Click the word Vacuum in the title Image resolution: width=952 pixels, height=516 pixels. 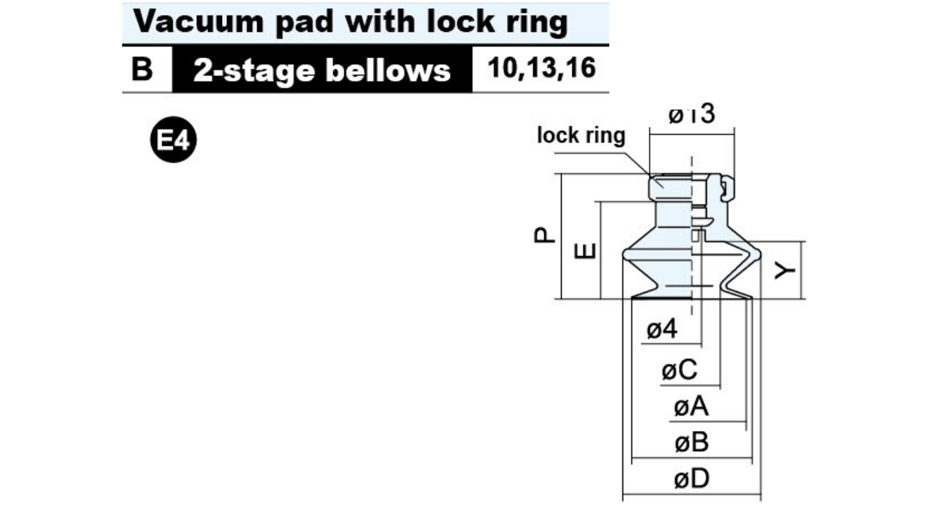pos(198,21)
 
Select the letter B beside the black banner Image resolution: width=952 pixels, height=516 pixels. pos(142,68)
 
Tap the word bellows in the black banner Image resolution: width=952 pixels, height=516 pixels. pos(388,70)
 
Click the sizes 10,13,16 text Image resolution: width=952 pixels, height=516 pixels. pos(541,68)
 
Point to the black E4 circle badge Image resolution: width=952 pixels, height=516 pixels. pos(174,140)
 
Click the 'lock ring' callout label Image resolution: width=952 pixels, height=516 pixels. pos(581,135)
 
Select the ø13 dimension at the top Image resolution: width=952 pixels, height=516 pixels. pos(692,114)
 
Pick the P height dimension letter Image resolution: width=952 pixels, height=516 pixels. pos(544,235)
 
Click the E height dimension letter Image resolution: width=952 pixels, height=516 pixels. pos(585,251)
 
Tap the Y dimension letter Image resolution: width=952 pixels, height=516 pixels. pos(785,271)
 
